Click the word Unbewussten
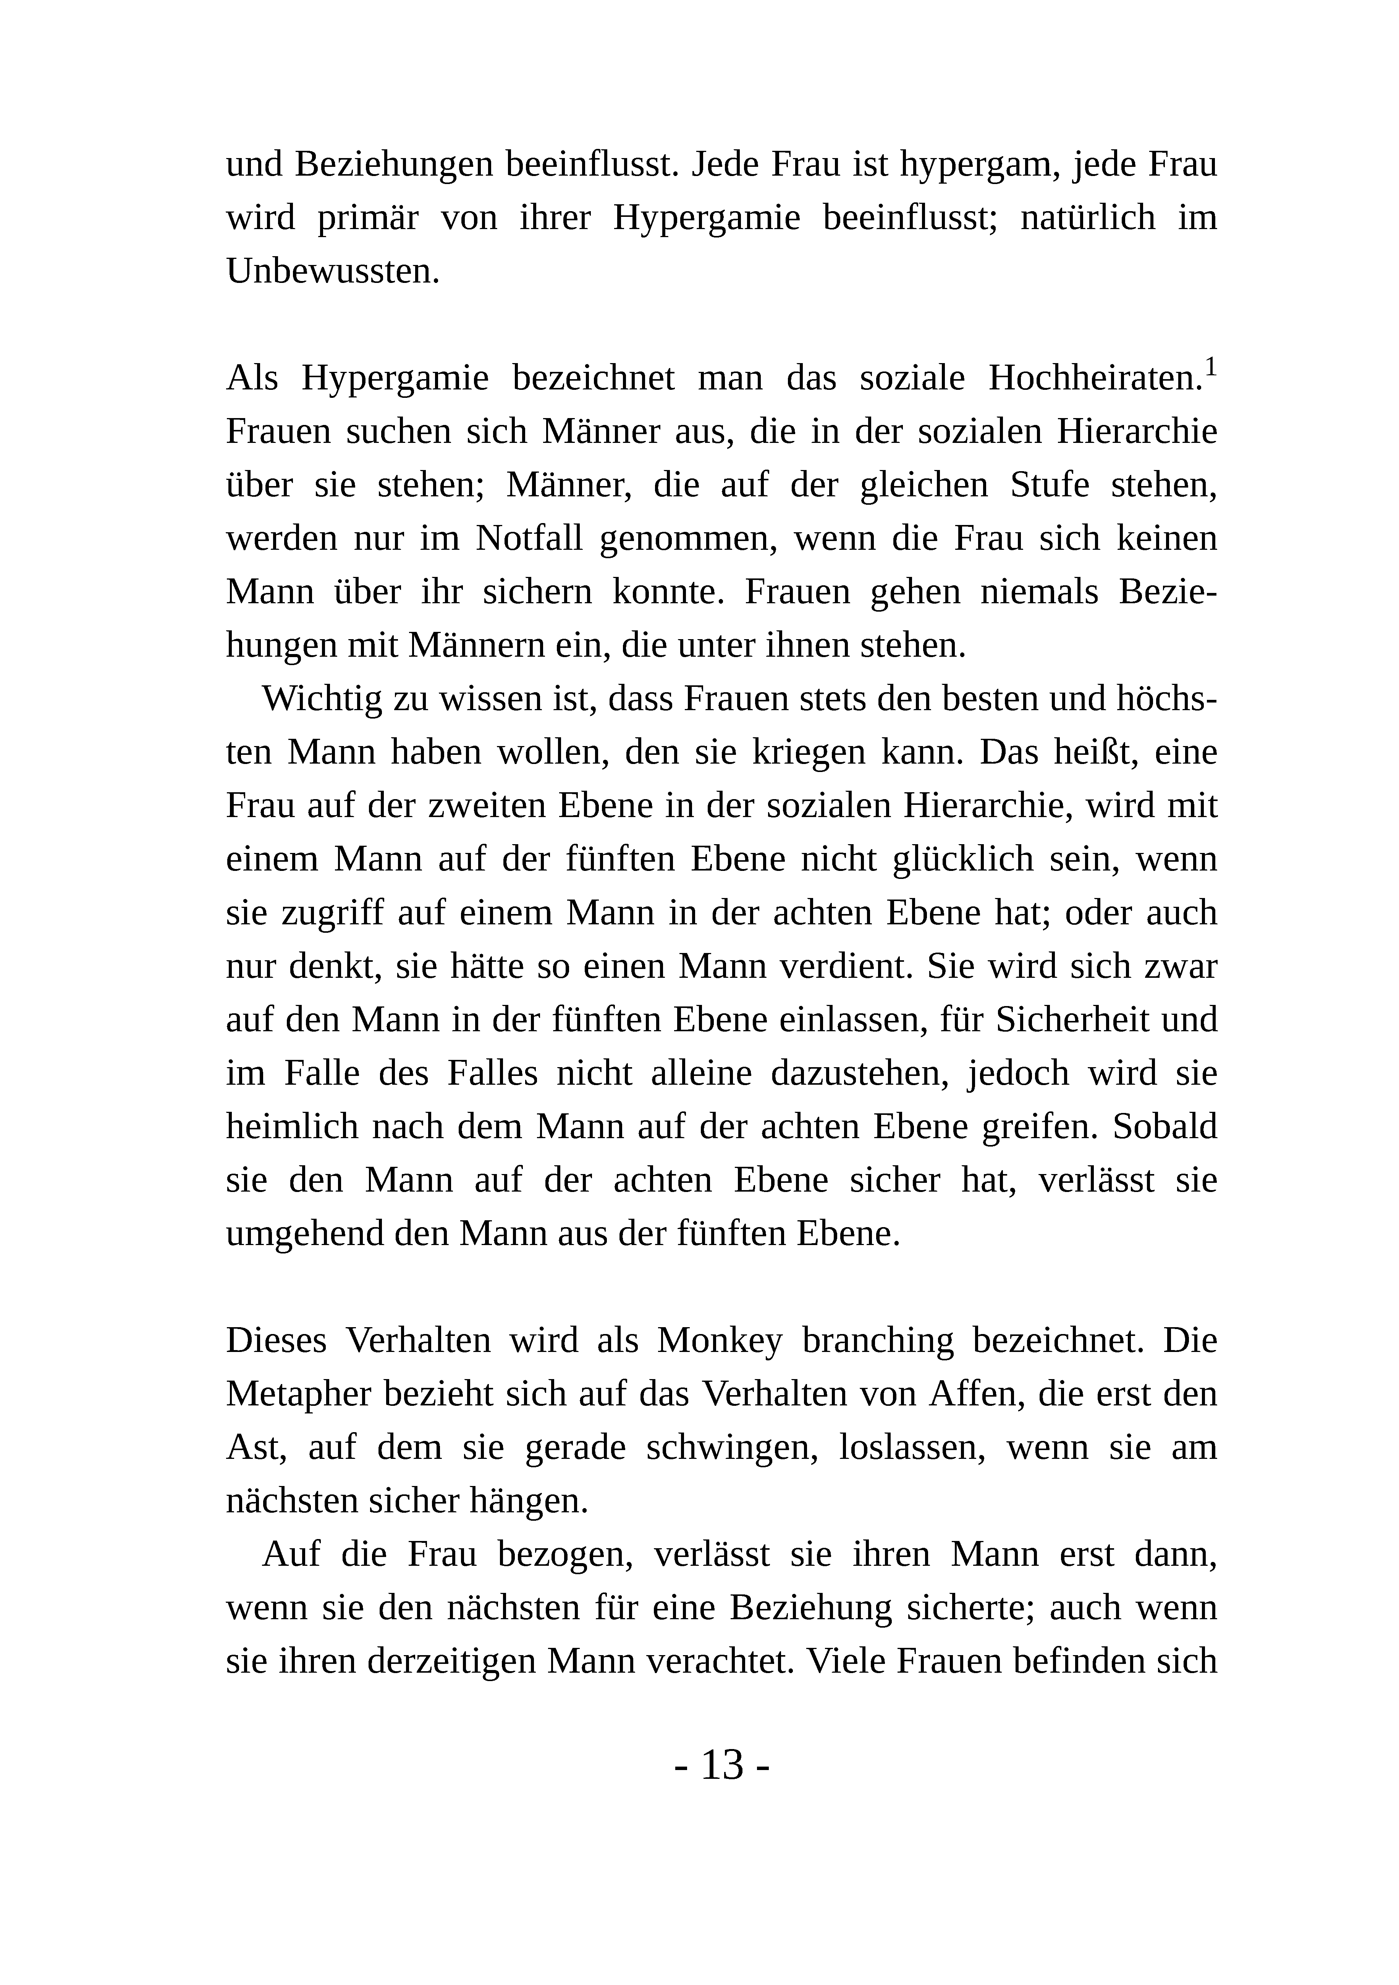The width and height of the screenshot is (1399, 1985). pyautogui.click(x=333, y=271)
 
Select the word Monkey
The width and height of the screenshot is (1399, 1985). pyautogui.click(x=720, y=1341)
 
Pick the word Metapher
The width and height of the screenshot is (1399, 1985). pyautogui.click(x=297, y=1394)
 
